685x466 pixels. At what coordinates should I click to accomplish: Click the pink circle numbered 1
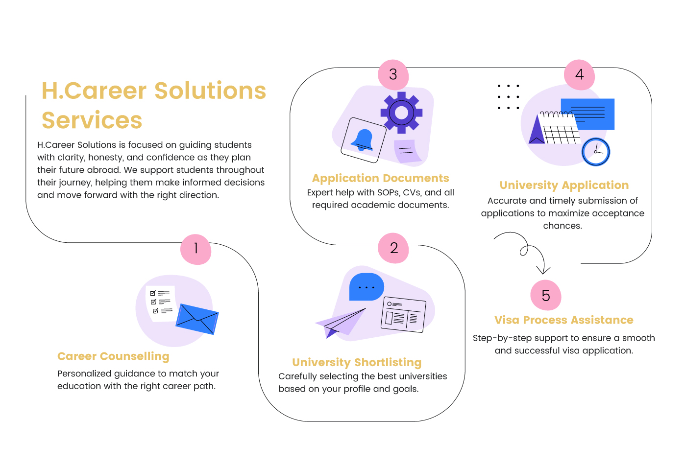click(x=196, y=249)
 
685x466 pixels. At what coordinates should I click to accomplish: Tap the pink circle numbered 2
click(x=393, y=248)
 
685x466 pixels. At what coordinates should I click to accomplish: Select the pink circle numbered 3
click(x=393, y=75)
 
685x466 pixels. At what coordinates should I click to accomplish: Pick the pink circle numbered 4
click(x=579, y=75)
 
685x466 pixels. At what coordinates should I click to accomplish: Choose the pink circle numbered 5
click(x=546, y=296)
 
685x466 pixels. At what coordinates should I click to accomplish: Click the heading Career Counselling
click(x=113, y=356)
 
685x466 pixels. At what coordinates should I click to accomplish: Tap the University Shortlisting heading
click(x=357, y=362)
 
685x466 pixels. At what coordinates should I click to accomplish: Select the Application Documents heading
click(x=380, y=178)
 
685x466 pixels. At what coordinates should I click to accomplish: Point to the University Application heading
click(x=564, y=185)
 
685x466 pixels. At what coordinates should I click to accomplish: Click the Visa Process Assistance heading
click(x=563, y=320)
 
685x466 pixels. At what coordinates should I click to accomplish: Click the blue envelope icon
click(x=197, y=319)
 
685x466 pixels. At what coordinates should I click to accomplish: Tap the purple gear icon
click(x=401, y=113)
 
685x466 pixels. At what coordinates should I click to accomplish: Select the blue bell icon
click(x=363, y=140)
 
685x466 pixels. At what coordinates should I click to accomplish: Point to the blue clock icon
click(x=596, y=152)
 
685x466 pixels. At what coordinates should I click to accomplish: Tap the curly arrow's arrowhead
click(x=543, y=271)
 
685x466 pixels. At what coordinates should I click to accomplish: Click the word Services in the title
click(x=92, y=120)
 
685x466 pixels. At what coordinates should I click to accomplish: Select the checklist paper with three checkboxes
click(x=161, y=303)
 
